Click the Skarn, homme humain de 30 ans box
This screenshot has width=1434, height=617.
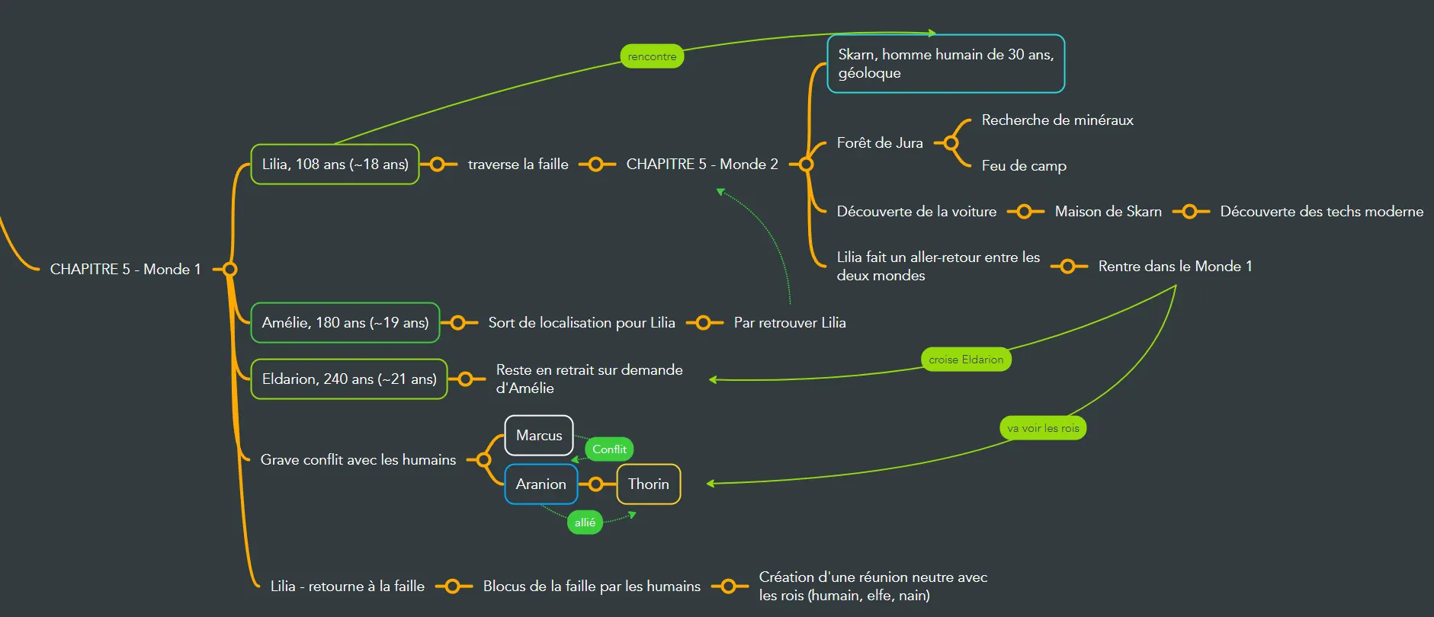945,64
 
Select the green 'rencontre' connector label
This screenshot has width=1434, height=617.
652,56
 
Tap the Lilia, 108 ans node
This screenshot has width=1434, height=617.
335,165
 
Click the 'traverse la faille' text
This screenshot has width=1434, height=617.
518,165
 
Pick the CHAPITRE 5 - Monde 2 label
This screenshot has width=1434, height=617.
701,165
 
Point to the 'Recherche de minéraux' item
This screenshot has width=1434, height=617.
1057,120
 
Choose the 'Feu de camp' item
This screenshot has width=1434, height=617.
1023,166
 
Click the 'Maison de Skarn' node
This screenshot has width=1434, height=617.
1108,212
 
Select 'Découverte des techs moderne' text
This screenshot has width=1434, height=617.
1321,212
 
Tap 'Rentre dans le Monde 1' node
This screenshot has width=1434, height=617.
1174,267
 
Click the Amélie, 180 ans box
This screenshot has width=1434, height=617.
345,323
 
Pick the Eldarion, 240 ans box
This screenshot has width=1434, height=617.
349,379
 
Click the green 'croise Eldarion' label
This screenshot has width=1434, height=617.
966,360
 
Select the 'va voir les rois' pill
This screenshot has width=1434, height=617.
1043,428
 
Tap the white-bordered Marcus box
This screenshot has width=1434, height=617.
539,436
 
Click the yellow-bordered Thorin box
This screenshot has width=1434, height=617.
648,484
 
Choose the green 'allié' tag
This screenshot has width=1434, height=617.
585,523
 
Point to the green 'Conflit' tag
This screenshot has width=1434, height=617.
609,449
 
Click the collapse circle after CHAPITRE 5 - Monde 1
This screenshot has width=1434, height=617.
229,269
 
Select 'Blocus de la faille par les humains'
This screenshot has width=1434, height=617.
591,587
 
